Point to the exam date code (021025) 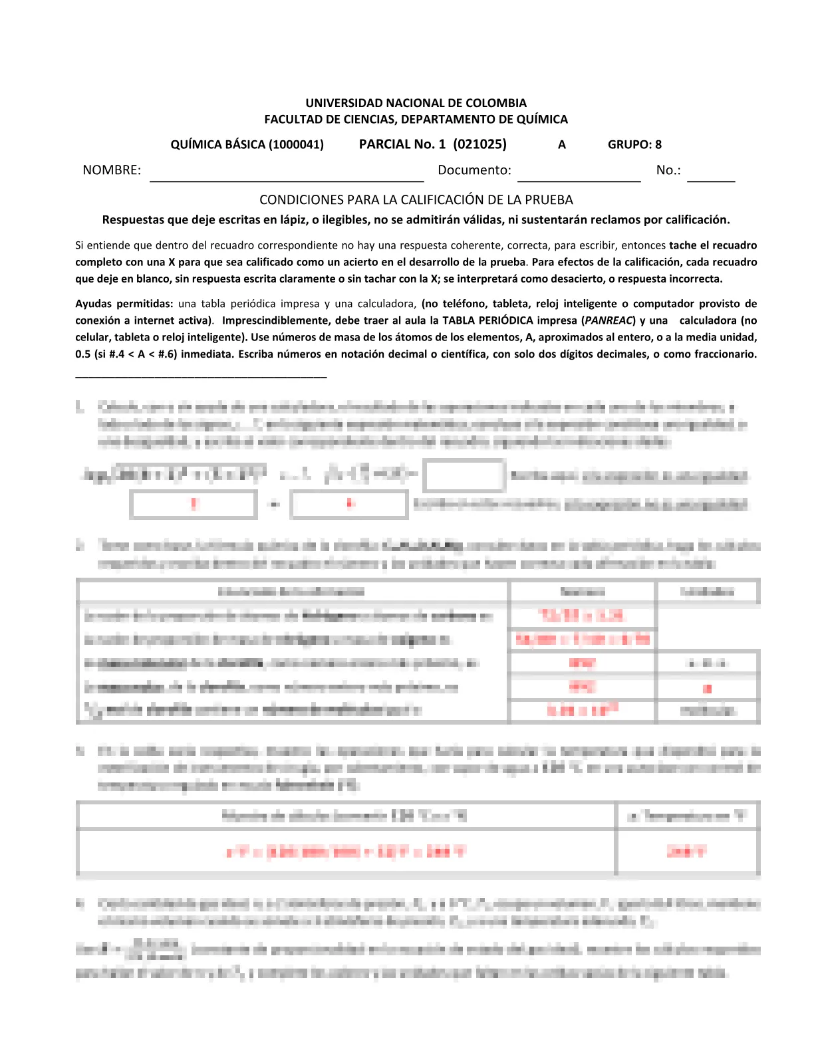click(x=479, y=144)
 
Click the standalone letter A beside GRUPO click(x=562, y=144)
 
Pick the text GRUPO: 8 click(x=634, y=144)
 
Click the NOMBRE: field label click(x=112, y=170)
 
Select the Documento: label click(x=474, y=170)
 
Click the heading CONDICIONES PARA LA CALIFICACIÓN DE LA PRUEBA click(x=416, y=200)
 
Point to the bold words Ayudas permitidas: click(x=124, y=304)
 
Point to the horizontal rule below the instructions click(x=201, y=377)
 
